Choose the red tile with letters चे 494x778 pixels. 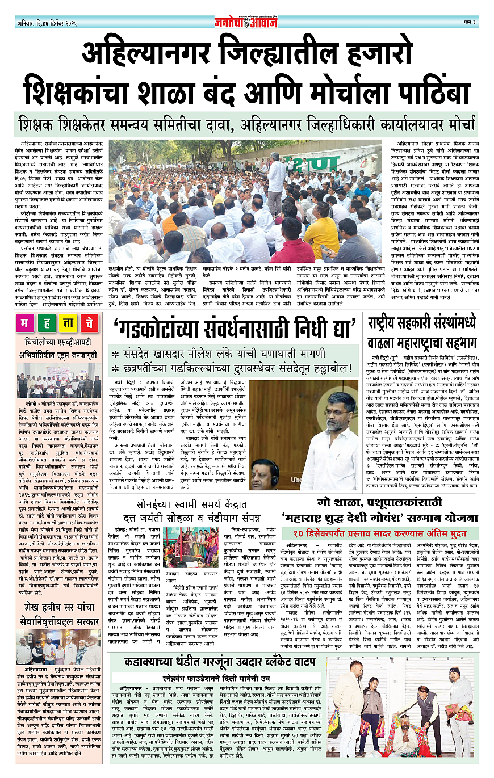point(90,325)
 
